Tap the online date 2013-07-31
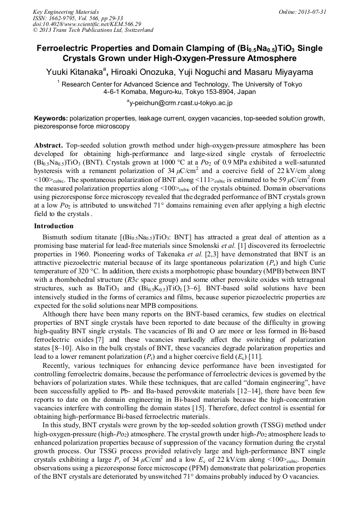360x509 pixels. coord(312,12)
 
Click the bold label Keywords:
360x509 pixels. coord(50,118)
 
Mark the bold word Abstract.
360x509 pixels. coord(49,145)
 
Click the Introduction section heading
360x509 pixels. coord(56,226)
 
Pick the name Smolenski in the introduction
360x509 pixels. coord(229,245)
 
